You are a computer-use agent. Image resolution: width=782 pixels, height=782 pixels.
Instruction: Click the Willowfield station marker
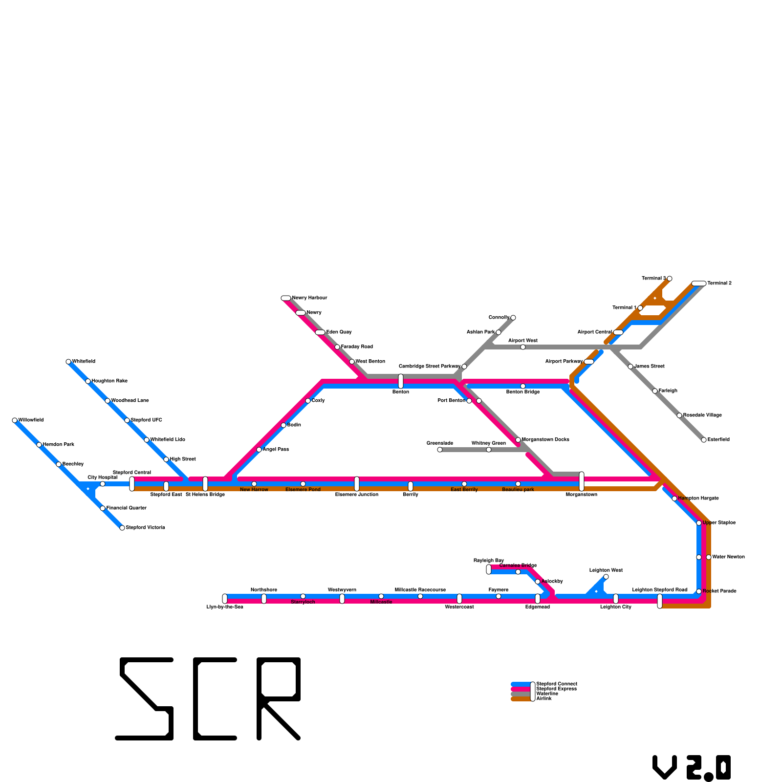pos(15,420)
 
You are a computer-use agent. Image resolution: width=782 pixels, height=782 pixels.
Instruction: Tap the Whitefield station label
pos(84,362)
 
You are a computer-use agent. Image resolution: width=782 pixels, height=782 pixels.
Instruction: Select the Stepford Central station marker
pos(132,484)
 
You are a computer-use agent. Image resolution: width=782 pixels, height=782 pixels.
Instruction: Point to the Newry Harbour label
pos(309,298)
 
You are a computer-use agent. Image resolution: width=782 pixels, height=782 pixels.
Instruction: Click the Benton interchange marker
pos(401,381)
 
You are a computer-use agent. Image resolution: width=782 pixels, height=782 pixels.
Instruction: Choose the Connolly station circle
pos(513,318)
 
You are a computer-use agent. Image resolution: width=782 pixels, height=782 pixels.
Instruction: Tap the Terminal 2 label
pos(719,283)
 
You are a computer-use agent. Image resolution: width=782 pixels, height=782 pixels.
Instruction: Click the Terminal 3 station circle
pos(670,279)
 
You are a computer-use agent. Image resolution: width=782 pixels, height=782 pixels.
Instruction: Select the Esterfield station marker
pos(704,440)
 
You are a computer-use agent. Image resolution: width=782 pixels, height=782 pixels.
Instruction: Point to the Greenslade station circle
pos(440,450)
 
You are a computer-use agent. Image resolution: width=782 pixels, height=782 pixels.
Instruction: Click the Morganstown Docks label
pos(545,440)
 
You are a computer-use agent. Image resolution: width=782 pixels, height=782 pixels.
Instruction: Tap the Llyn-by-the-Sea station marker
pos(225,599)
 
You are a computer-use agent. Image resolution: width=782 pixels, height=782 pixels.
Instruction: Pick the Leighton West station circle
pos(606,577)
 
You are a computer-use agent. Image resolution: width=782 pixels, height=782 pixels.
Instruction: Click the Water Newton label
pos(728,557)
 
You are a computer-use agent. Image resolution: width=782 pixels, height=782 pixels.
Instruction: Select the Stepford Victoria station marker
pos(122,528)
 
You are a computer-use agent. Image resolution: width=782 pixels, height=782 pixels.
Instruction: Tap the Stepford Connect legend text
pos(557,684)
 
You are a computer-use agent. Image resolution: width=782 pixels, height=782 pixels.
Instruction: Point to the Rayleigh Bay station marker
pos(489,569)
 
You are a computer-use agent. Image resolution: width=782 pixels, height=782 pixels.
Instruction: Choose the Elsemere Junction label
pos(357,495)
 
